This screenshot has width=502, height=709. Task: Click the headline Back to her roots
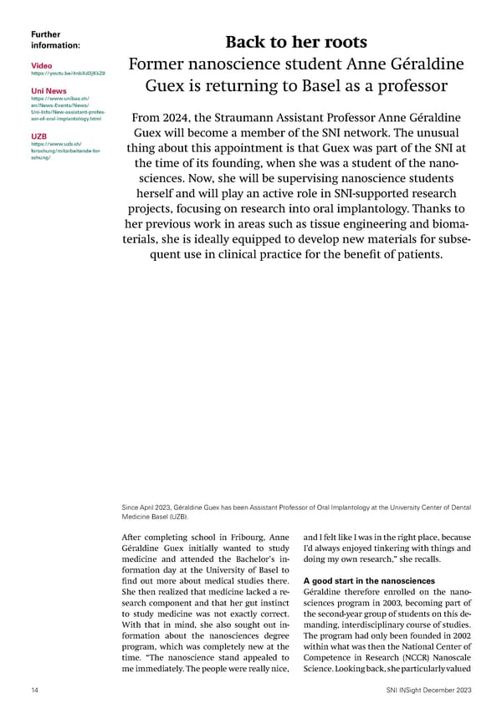[x=295, y=42]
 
